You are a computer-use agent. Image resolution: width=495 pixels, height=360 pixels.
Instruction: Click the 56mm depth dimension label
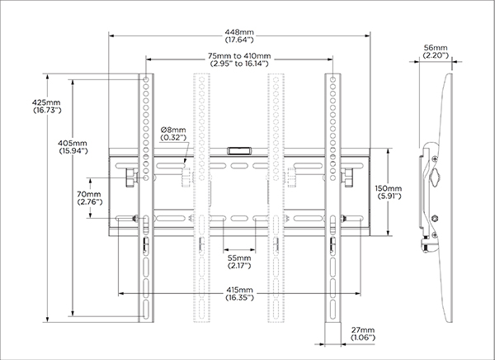click(x=434, y=48)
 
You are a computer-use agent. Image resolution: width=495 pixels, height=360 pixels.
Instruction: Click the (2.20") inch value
click(x=434, y=57)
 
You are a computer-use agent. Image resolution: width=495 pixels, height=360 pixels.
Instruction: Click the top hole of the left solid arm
click(x=146, y=80)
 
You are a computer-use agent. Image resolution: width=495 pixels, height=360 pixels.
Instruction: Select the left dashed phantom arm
click(x=199, y=198)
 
